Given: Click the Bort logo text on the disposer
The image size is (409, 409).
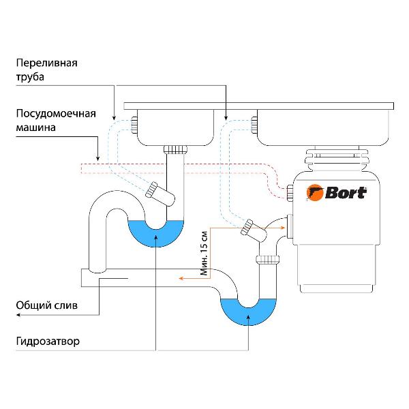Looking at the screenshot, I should pos(344,192).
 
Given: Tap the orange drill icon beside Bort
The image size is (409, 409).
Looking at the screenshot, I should pos(314,192).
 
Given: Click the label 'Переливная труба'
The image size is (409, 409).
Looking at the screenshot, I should pos(47,70).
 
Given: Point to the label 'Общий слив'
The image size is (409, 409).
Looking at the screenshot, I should pos(46,306).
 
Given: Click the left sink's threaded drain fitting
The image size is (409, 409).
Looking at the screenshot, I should pos(176,149).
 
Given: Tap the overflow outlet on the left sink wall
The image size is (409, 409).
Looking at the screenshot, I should pos(134,125).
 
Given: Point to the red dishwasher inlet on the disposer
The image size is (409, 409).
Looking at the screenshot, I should pos(290,193).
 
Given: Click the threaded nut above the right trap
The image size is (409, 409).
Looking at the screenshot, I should pos(269,259).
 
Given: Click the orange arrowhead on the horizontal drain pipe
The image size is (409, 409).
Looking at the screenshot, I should pos(181,278).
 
